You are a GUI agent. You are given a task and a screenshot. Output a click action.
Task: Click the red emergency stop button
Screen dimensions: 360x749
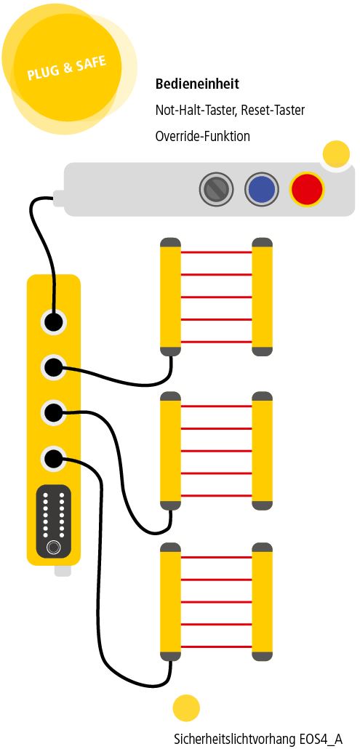[307, 188]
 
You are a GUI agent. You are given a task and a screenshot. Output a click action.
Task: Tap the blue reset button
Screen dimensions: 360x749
[262, 189]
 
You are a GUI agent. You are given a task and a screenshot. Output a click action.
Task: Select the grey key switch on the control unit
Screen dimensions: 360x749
[216, 189]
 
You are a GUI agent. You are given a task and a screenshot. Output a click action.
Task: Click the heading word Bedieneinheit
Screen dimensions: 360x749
[197, 84]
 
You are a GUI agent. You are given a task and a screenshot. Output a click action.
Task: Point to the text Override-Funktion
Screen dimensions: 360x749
[202, 136]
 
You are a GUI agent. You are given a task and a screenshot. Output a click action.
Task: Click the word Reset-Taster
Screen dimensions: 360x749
[273, 111]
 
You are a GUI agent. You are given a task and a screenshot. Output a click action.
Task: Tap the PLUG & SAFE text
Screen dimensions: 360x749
[66, 68]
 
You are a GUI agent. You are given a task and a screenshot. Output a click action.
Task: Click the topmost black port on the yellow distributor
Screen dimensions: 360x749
[54, 321]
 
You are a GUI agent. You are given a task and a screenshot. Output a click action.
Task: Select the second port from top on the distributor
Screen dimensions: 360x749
[54, 367]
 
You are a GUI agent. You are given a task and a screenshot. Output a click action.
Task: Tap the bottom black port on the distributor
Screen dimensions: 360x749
[54, 459]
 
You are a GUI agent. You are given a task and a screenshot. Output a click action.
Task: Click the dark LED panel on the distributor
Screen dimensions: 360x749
[54, 521]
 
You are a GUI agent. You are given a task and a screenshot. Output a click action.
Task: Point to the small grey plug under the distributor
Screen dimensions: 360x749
[63, 570]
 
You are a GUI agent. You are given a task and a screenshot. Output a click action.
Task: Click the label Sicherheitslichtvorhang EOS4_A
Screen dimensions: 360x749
[258, 739]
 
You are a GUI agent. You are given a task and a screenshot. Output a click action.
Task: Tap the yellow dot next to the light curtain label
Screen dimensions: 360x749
[186, 708]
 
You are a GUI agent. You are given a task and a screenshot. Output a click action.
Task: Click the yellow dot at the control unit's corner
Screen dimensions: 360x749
[337, 154]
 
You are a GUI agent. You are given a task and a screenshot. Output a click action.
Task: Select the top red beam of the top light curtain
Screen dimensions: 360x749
[216, 252]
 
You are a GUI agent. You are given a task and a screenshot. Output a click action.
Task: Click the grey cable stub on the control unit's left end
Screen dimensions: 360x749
[59, 198]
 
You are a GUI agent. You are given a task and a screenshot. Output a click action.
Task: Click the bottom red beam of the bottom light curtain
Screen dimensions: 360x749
[216, 646]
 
